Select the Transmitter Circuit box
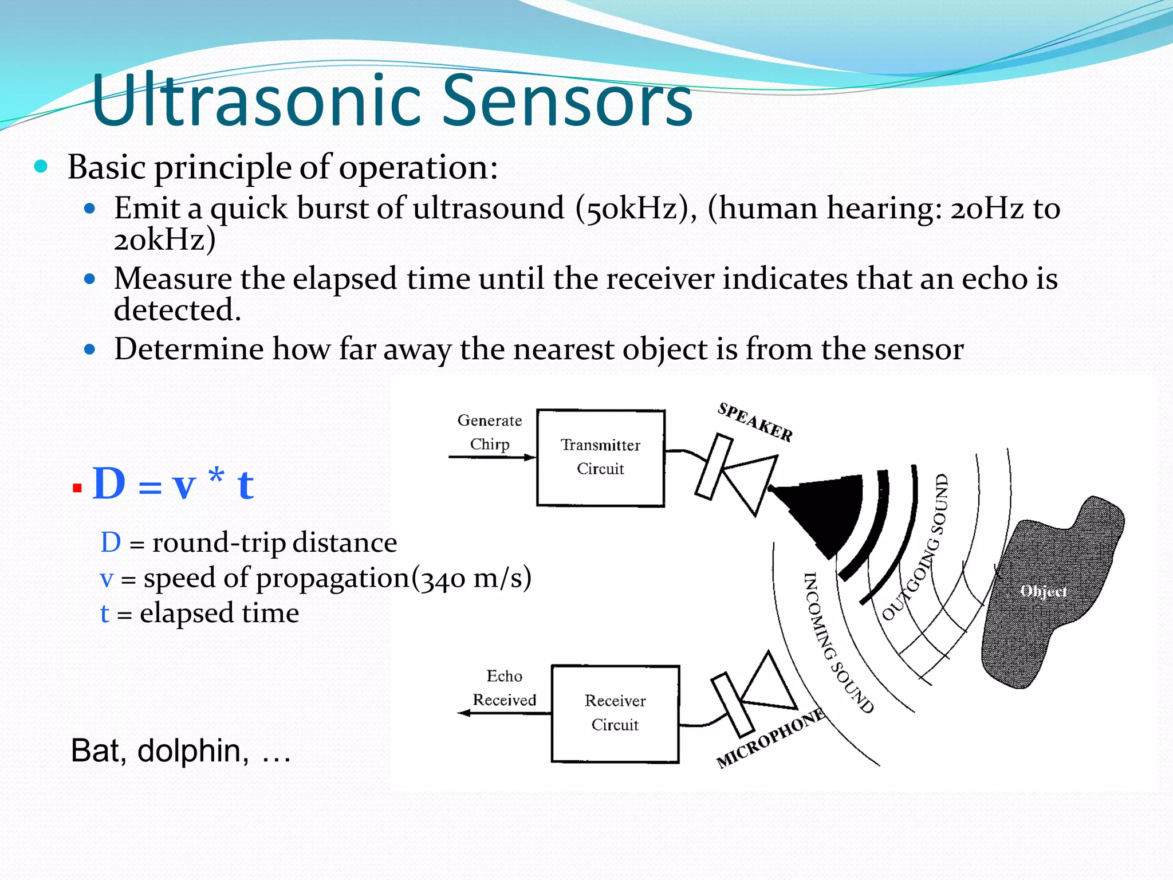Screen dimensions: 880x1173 click(x=600, y=458)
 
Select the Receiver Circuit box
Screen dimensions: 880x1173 click(x=615, y=713)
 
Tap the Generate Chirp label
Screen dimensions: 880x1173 click(x=490, y=432)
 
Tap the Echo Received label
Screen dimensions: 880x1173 click(x=504, y=687)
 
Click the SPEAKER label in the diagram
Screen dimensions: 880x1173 click(x=755, y=422)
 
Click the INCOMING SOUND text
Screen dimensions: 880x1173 click(x=836, y=642)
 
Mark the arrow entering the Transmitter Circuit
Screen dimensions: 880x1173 click(x=493, y=457)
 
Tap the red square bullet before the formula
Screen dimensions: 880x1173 click(x=77, y=488)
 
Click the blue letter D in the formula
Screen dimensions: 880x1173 click(x=109, y=484)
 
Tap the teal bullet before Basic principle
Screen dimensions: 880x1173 click(x=41, y=167)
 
